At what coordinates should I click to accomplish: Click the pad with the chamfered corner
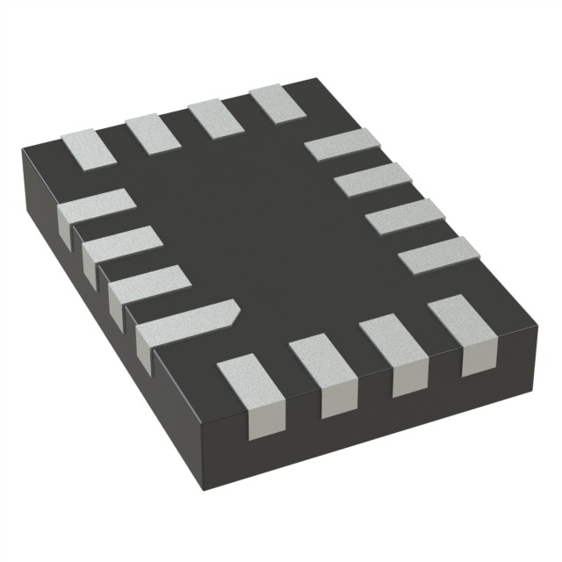click(186, 323)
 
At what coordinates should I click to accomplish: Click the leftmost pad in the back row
click(88, 143)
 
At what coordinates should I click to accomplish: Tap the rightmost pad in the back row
click(277, 102)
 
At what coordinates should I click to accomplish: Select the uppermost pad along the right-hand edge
click(341, 143)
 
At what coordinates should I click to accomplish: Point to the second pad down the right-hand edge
click(372, 179)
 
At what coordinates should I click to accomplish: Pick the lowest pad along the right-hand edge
click(438, 254)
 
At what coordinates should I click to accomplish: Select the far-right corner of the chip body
click(535, 334)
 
